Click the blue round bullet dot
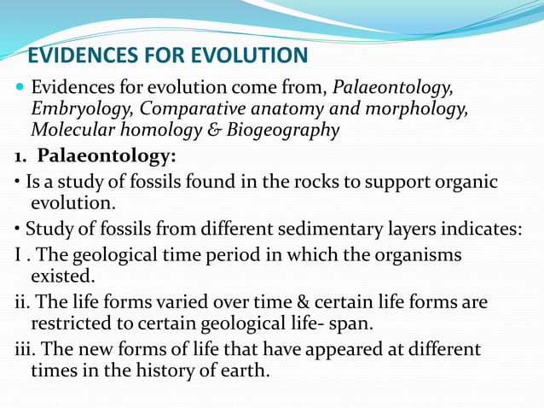[19, 88]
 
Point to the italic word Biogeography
[288, 131]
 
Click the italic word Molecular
[72, 131]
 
